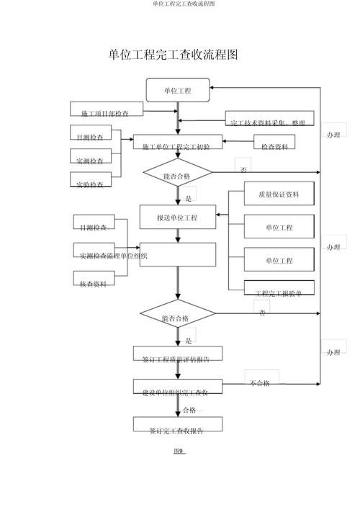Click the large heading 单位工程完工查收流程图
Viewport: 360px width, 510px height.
pyautogui.click(x=173, y=55)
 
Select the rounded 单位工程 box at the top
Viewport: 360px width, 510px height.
pyautogui.click(x=178, y=90)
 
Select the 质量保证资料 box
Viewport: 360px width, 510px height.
pyautogui.click(x=279, y=195)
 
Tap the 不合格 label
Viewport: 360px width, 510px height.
pyautogui.click(x=261, y=382)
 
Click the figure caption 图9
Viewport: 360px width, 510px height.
pyautogui.click(x=179, y=452)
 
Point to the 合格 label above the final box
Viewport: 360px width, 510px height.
pyautogui.click(x=189, y=410)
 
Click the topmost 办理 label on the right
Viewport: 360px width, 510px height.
pyautogui.click(x=333, y=135)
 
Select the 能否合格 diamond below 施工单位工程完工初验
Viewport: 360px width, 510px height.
pyautogui.click(x=177, y=174)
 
